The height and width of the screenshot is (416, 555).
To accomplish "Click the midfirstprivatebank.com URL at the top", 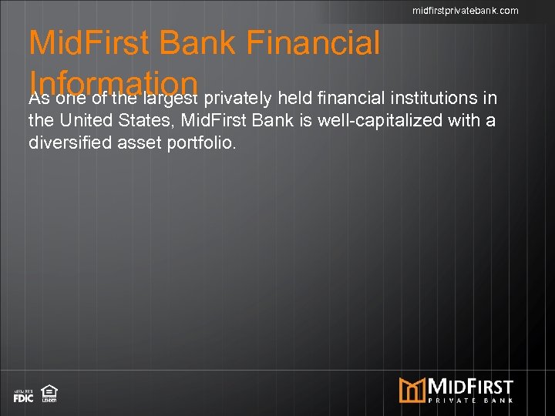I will (465, 10).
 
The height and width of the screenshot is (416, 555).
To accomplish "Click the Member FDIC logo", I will (23, 395).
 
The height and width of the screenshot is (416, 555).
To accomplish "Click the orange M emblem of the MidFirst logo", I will (412, 390).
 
